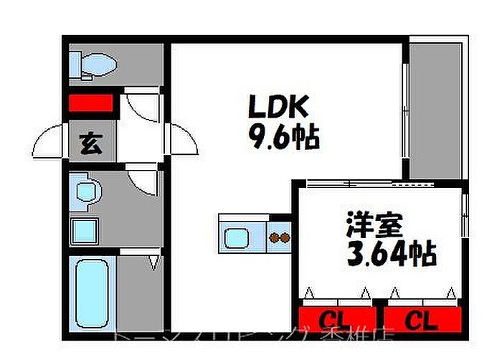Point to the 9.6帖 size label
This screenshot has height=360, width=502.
[x=283, y=136]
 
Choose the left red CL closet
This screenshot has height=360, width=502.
[x=336, y=318]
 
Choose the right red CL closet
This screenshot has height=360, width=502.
[x=422, y=318]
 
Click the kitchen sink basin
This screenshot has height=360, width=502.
[x=236, y=236]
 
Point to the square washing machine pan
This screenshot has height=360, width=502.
[x=85, y=231]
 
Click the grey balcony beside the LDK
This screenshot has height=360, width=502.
[x=435, y=108]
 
